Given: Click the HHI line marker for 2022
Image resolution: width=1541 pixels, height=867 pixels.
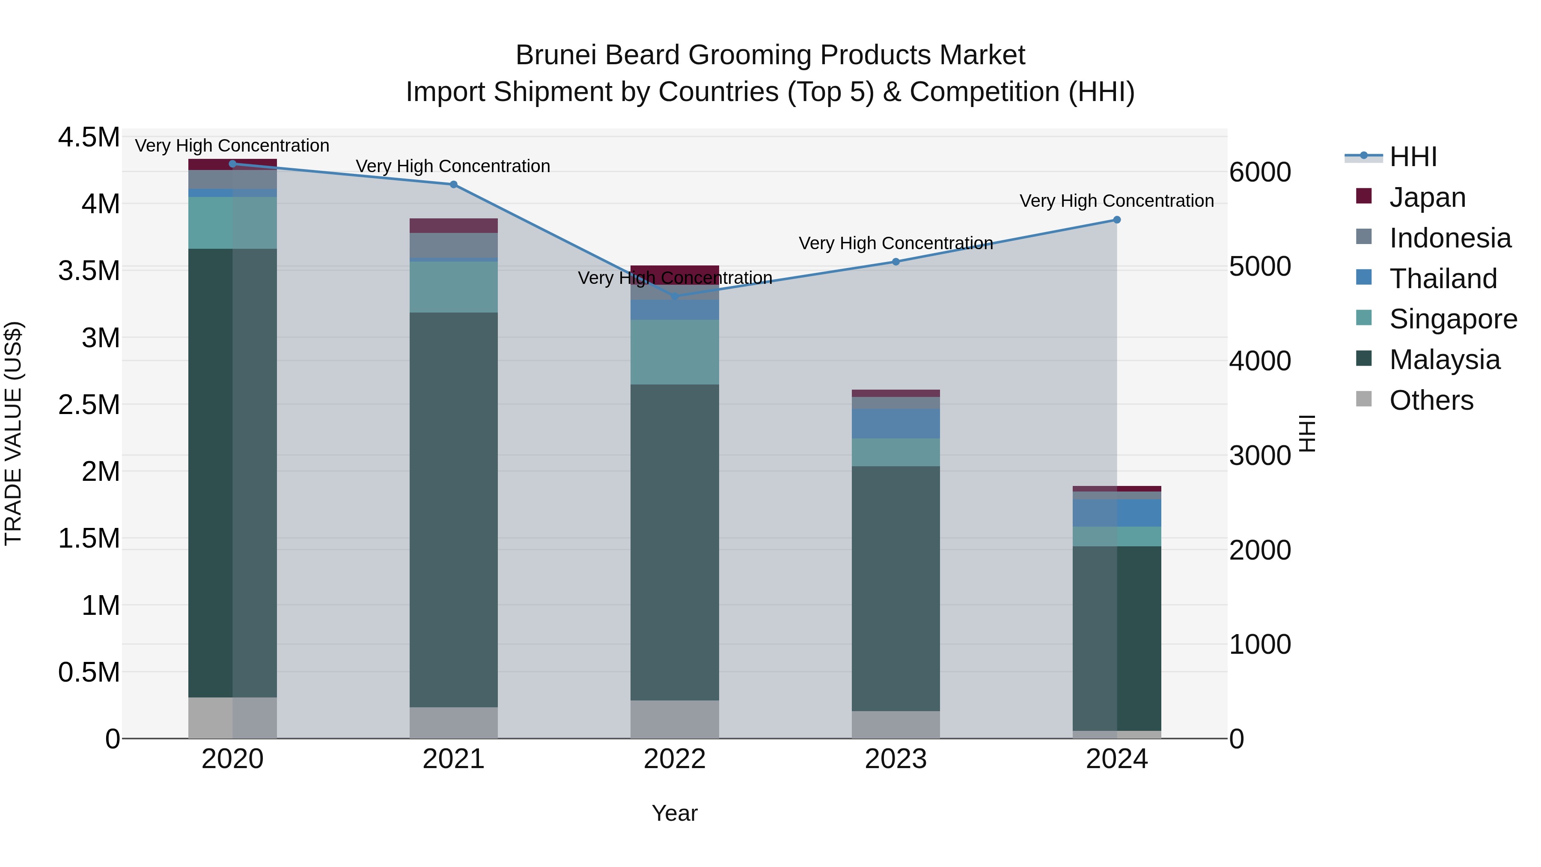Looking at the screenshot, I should click(x=675, y=296).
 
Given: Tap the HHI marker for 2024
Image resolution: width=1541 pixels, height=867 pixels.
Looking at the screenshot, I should click(x=1116, y=220).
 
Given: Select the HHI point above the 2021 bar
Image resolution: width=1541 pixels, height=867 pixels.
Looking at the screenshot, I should click(x=453, y=184).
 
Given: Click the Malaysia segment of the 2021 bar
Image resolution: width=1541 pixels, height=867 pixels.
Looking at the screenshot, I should click(x=453, y=509).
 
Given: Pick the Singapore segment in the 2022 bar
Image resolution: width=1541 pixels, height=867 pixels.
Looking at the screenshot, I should click(x=675, y=352).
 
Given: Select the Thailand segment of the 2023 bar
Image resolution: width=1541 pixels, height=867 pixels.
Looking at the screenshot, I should click(x=895, y=423).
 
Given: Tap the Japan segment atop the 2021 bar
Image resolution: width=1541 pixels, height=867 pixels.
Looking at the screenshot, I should click(x=453, y=226).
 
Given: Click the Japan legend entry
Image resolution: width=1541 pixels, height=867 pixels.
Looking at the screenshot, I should click(x=1427, y=197).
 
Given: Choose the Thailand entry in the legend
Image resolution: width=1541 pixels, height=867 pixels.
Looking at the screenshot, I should click(x=1442, y=279).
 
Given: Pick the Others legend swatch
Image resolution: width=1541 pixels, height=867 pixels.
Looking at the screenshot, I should click(x=1364, y=399).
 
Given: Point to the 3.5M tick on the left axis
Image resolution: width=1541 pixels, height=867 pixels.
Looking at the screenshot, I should click(x=89, y=271).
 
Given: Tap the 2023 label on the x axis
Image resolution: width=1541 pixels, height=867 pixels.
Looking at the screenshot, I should click(x=895, y=759).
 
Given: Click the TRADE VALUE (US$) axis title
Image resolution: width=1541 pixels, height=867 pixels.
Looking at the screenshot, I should click(x=13, y=433).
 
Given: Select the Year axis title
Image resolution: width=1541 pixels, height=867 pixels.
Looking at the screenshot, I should click(x=674, y=813).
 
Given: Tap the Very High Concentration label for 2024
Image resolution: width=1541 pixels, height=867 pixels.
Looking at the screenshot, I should click(x=1116, y=201).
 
